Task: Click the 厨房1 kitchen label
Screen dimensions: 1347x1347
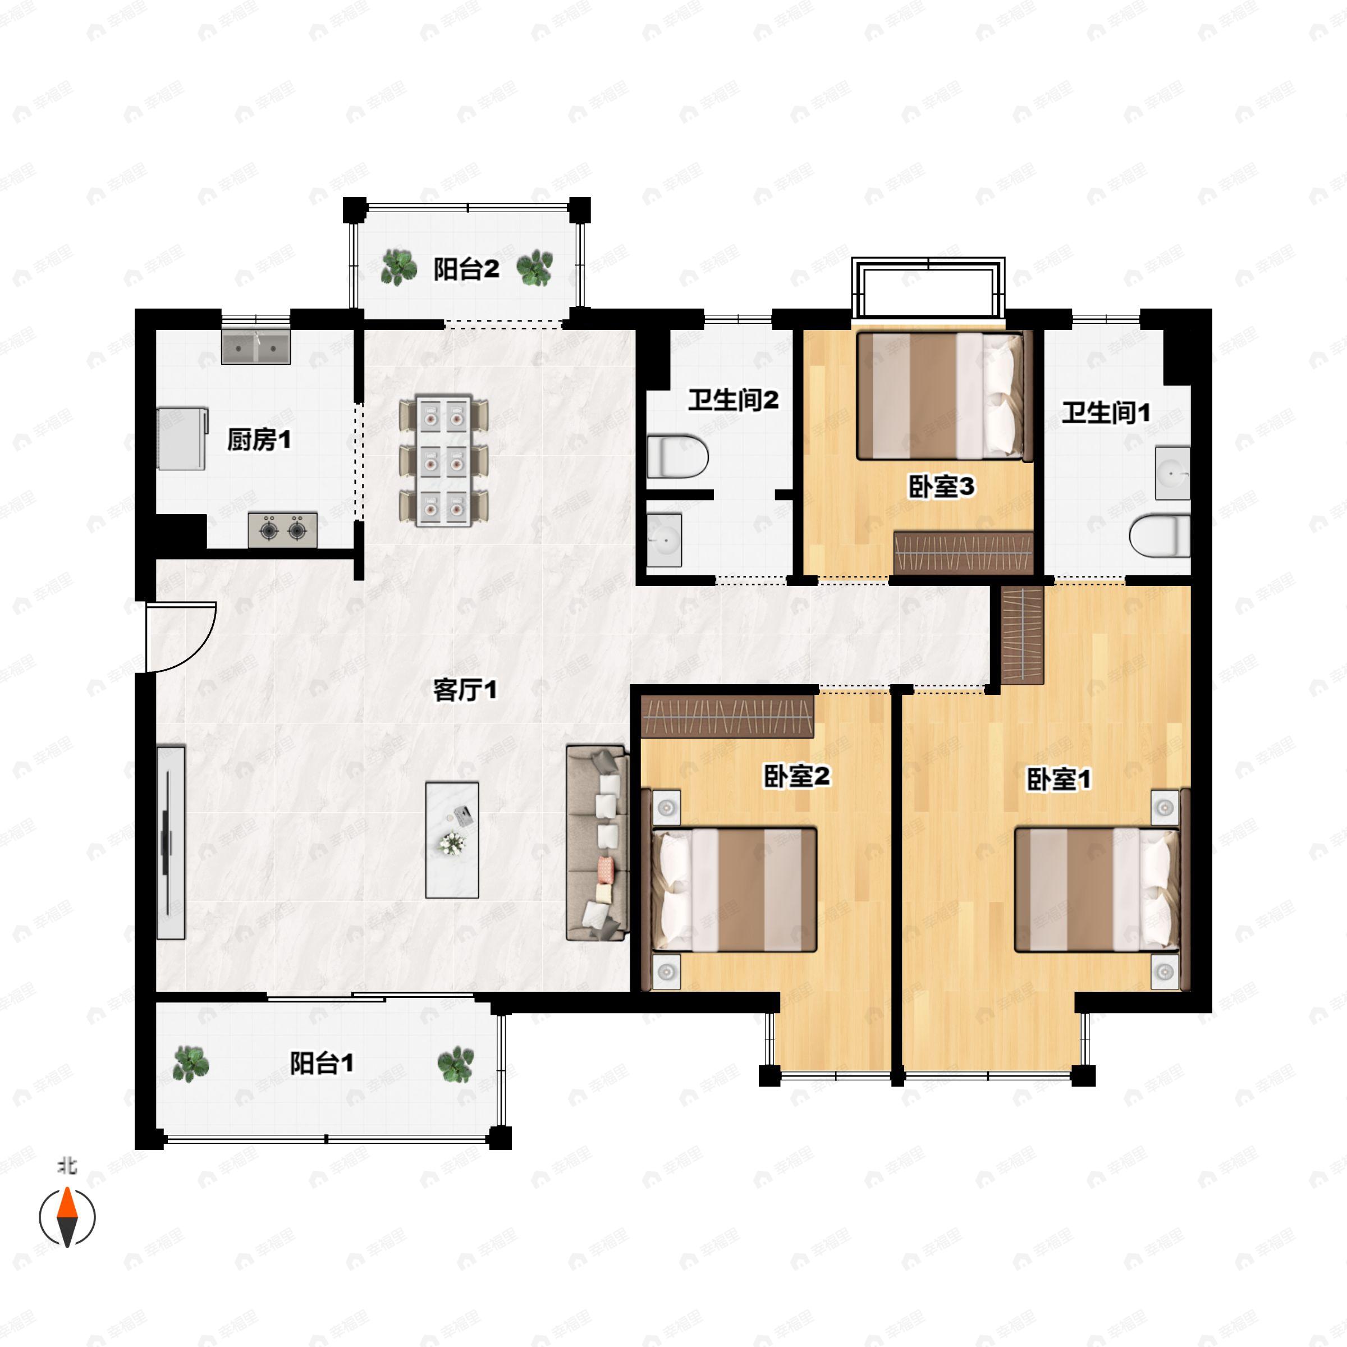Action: click(x=259, y=440)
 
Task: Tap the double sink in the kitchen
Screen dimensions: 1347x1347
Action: click(x=255, y=346)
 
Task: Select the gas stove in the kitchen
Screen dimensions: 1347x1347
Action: click(x=282, y=530)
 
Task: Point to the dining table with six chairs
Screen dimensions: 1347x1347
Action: click(x=443, y=461)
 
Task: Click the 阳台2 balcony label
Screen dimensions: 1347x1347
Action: click(x=466, y=269)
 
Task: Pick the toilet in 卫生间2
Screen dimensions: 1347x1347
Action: click(x=677, y=457)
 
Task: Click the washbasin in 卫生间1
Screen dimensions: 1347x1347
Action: click(x=1172, y=473)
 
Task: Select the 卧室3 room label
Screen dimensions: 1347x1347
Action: click(x=941, y=487)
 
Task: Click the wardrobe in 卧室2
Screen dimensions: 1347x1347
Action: click(x=727, y=717)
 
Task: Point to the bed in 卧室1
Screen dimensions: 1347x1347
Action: click(x=1097, y=889)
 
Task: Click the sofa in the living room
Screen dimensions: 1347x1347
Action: click(x=597, y=842)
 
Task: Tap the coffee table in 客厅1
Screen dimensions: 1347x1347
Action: click(x=452, y=840)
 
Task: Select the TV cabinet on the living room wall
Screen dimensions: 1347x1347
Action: click(x=171, y=842)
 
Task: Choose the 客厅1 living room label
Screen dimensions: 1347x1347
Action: click(x=465, y=690)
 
